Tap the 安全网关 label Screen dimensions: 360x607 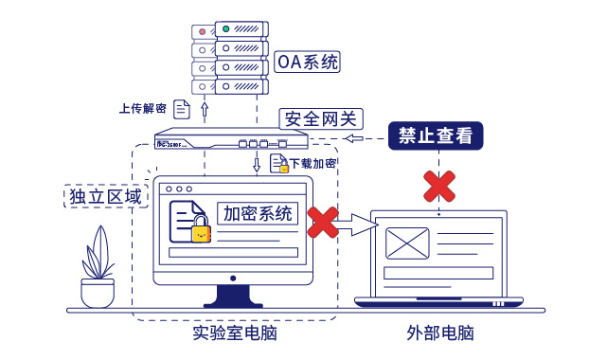(320, 118)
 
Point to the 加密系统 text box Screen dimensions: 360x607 (258, 213)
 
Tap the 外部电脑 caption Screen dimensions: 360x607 (439, 334)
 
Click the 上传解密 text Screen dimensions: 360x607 (144, 109)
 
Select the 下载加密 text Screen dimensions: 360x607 (313, 163)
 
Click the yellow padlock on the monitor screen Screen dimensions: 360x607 (200, 230)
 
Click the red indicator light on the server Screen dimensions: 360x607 (202, 29)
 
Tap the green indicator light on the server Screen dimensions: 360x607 (226, 29)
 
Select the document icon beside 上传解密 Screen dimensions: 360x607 (181, 109)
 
